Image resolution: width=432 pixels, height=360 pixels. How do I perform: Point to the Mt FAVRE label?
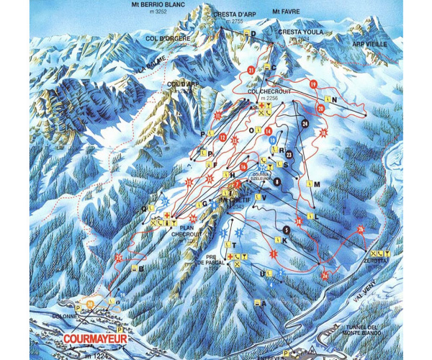(x=285, y=12)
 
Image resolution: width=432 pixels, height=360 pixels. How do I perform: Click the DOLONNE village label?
(x=62, y=315)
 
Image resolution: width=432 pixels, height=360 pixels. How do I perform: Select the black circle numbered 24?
(x=305, y=123)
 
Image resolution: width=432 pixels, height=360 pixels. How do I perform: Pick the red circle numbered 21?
(x=251, y=70)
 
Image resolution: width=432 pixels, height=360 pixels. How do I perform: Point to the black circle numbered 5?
(x=286, y=229)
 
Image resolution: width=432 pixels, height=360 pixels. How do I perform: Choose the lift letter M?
(x=316, y=184)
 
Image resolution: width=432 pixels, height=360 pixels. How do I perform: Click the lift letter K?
(x=285, y=241)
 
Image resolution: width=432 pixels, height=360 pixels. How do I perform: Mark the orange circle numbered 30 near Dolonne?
(x=90, y=305)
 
